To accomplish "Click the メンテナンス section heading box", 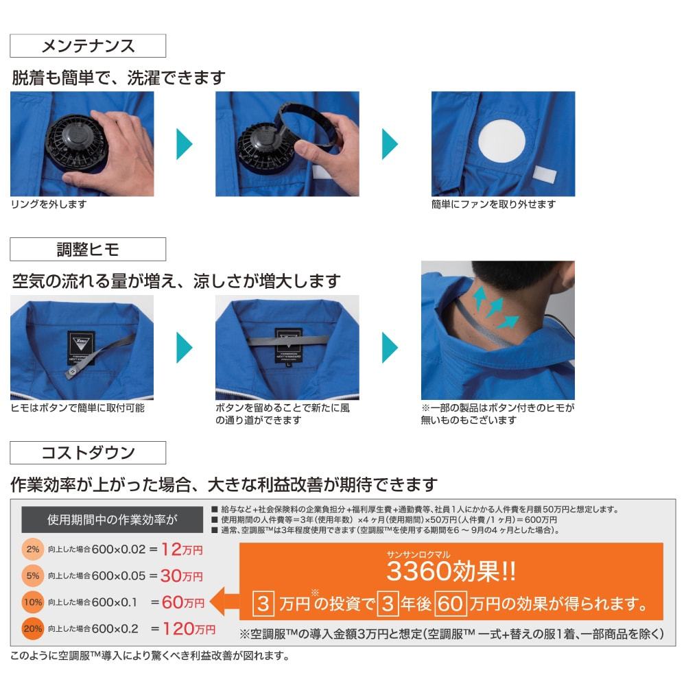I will coord(88,46).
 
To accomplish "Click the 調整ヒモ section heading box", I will coord(88,249).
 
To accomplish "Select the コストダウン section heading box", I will coord(88,453).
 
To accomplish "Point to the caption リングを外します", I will coord(49,204).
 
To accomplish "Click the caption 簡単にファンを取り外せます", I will coord(493,204).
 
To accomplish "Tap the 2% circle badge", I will coord(32,549).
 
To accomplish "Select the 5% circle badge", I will coord(32,576).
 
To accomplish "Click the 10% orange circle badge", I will coord(32,602).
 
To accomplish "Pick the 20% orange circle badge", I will coord(32,628).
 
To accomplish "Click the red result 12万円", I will coord(182,549).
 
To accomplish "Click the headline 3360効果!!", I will coord(451,570).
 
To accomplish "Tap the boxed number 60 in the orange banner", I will coord(450,604).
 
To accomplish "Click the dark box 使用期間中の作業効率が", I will coord(110,519).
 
